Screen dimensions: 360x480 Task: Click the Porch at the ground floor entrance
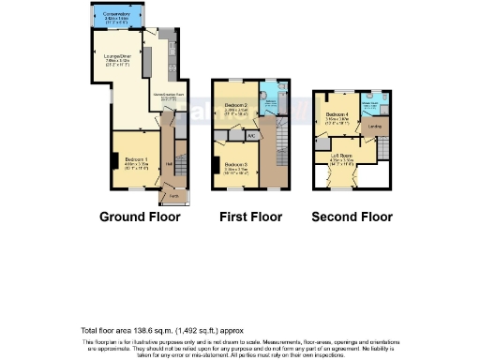click(x=173, y=196)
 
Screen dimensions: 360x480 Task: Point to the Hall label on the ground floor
click(x=169, y=165)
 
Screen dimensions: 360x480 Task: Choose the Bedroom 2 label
click(x=236, y=106)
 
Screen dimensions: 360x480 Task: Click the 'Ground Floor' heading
click(x=140, y=217)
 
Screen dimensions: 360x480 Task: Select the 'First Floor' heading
click(x=251, y=217)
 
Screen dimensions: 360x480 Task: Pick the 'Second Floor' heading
click(x=352, y=217)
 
